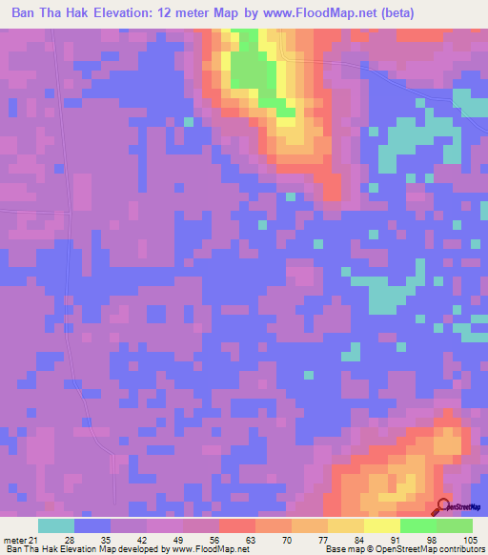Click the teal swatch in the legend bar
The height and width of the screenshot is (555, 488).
(56, 526)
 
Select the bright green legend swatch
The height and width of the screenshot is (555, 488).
(417, 526)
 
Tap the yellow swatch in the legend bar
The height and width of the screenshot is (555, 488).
(345, 526)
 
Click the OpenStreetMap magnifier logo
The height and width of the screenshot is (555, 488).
(444, 507)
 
